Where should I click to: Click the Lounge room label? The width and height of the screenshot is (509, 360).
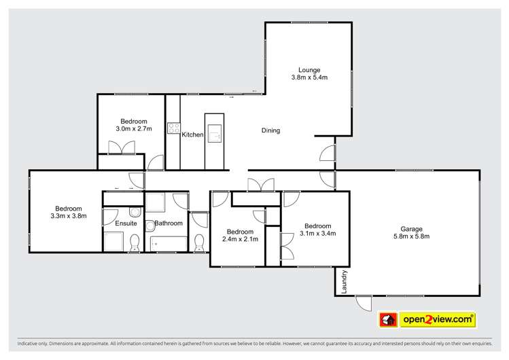308,69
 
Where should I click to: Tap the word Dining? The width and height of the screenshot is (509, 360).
270,130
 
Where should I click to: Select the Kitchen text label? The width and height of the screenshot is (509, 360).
192,134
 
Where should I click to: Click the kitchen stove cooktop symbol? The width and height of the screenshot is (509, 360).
173,128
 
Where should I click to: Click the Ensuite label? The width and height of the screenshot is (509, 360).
126,223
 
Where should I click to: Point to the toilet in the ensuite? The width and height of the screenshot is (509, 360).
134,242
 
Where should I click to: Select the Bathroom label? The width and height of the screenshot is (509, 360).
168,223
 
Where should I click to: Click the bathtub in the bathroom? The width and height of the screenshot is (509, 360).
166,242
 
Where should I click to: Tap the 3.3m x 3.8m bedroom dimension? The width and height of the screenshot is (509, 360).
69,216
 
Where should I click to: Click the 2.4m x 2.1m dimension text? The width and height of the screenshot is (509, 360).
240,238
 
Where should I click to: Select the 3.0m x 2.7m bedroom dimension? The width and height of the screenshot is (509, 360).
133,128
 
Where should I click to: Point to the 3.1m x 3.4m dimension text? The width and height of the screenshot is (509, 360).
317,234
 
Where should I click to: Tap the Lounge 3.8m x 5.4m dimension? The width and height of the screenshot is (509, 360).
308,77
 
